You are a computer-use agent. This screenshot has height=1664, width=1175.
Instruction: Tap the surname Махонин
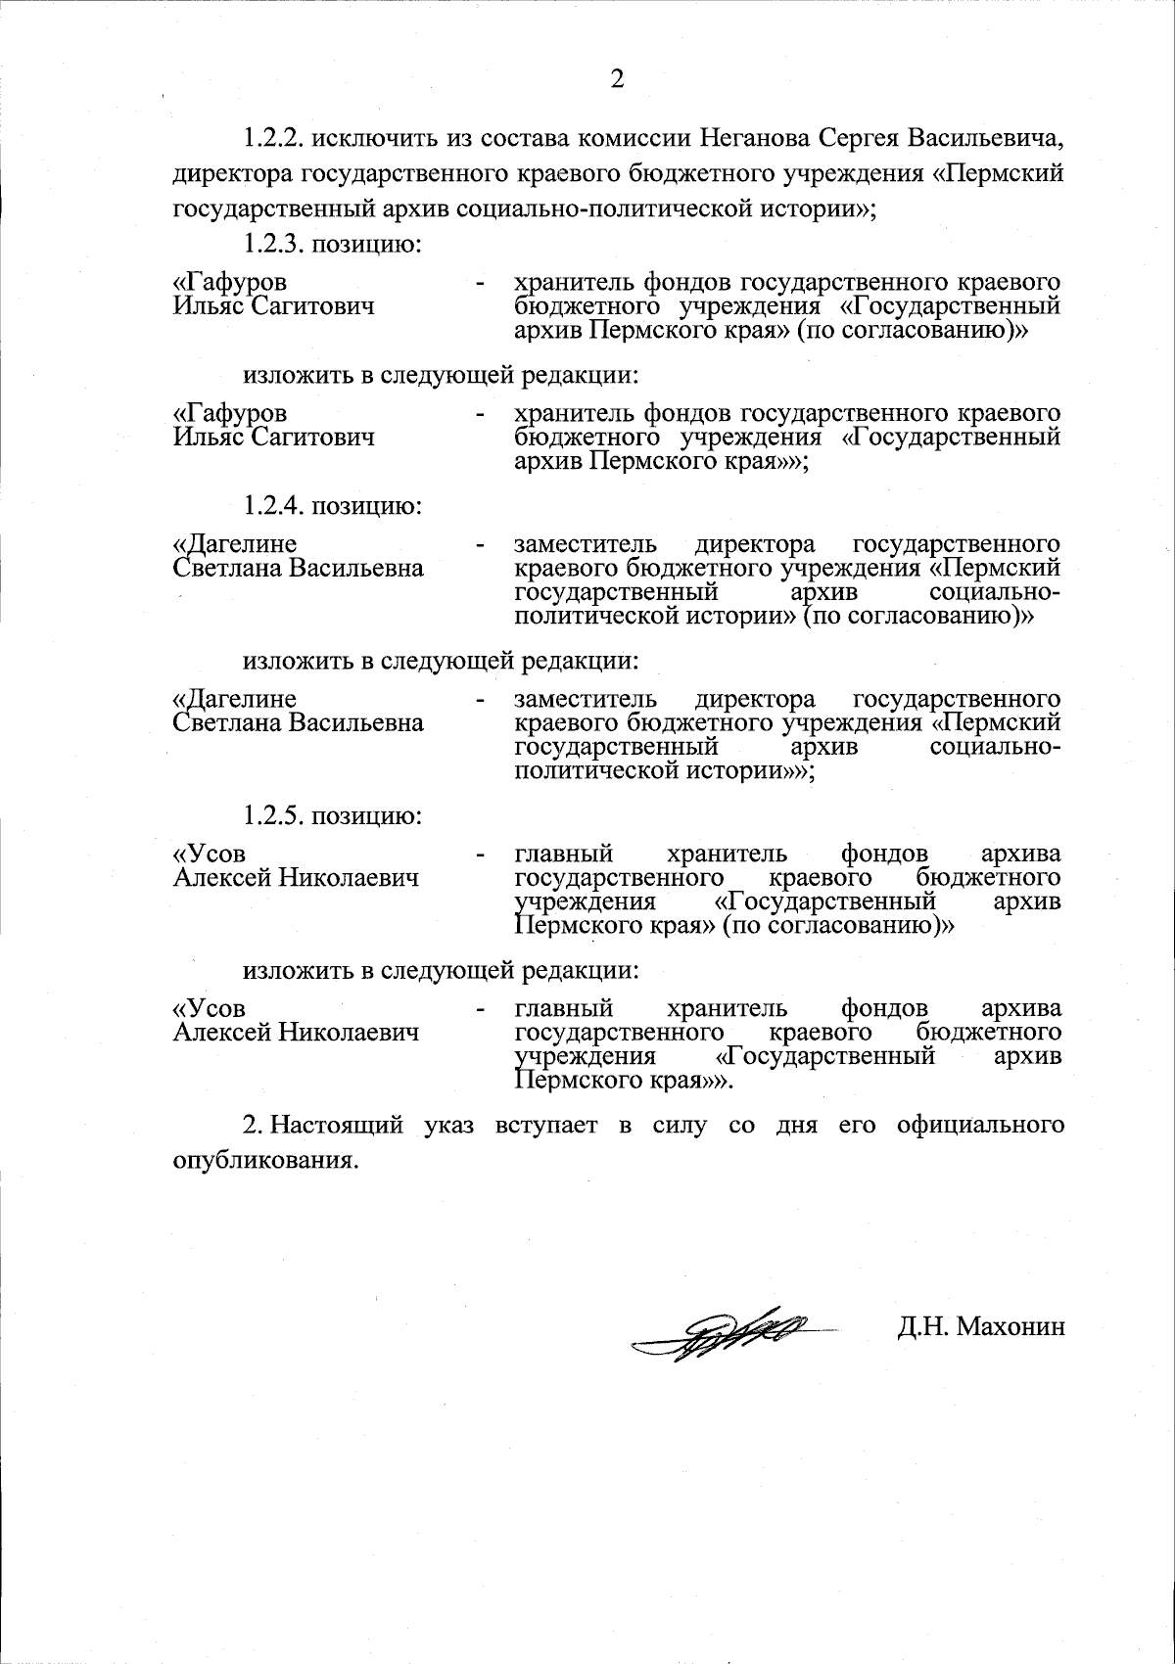[x=1010, y=1327]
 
